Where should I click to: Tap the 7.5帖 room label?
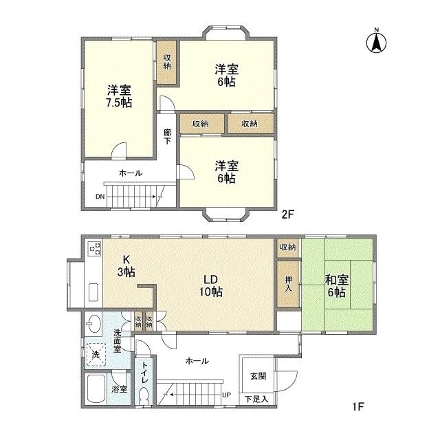(x=119, y=96)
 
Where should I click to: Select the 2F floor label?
(x=288, y=214)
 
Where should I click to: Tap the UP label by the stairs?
(x=226, y=395)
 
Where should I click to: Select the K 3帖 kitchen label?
(x=127, y=265)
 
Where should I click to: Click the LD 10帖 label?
(x=210, y=285)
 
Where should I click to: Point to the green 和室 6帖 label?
(x=336, y=285)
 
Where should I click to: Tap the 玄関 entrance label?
(x=257, y=375)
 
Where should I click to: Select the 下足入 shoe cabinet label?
(x=256, y=399)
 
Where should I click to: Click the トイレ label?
(x=144, y=375)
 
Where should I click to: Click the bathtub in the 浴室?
(x=97, y=393)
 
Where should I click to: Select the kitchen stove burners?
(x=94, y=248)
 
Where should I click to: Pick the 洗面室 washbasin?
(x=94, y=324)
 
